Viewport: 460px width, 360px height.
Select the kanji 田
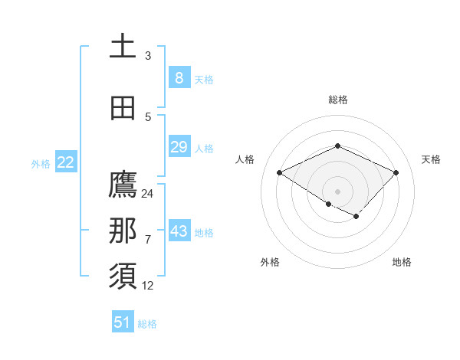123,109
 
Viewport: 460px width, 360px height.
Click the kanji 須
123,277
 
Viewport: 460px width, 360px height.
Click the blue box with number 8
179,78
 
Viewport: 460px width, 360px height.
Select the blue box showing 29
179,147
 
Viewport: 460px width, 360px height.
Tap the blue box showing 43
179,231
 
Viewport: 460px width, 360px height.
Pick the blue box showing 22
65,162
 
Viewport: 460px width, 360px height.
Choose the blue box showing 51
123,322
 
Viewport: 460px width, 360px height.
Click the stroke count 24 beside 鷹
148,194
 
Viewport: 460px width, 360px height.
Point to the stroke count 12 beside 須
148,286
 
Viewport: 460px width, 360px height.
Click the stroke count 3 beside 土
148,56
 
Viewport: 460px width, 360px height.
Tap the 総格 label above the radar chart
337,100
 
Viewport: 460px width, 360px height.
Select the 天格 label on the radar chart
431,159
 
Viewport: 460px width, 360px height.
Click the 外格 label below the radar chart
270,262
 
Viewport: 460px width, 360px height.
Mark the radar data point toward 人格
280,173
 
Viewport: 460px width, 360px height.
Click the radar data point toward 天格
396,173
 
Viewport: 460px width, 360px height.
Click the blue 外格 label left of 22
41,163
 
